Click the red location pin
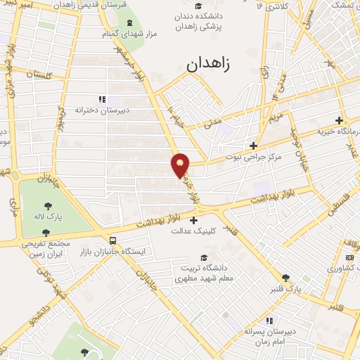pos(181,165)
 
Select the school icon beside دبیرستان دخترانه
pos(102,100)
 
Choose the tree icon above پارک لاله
pos(48,206)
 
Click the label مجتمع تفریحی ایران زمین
pos(48,248)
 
